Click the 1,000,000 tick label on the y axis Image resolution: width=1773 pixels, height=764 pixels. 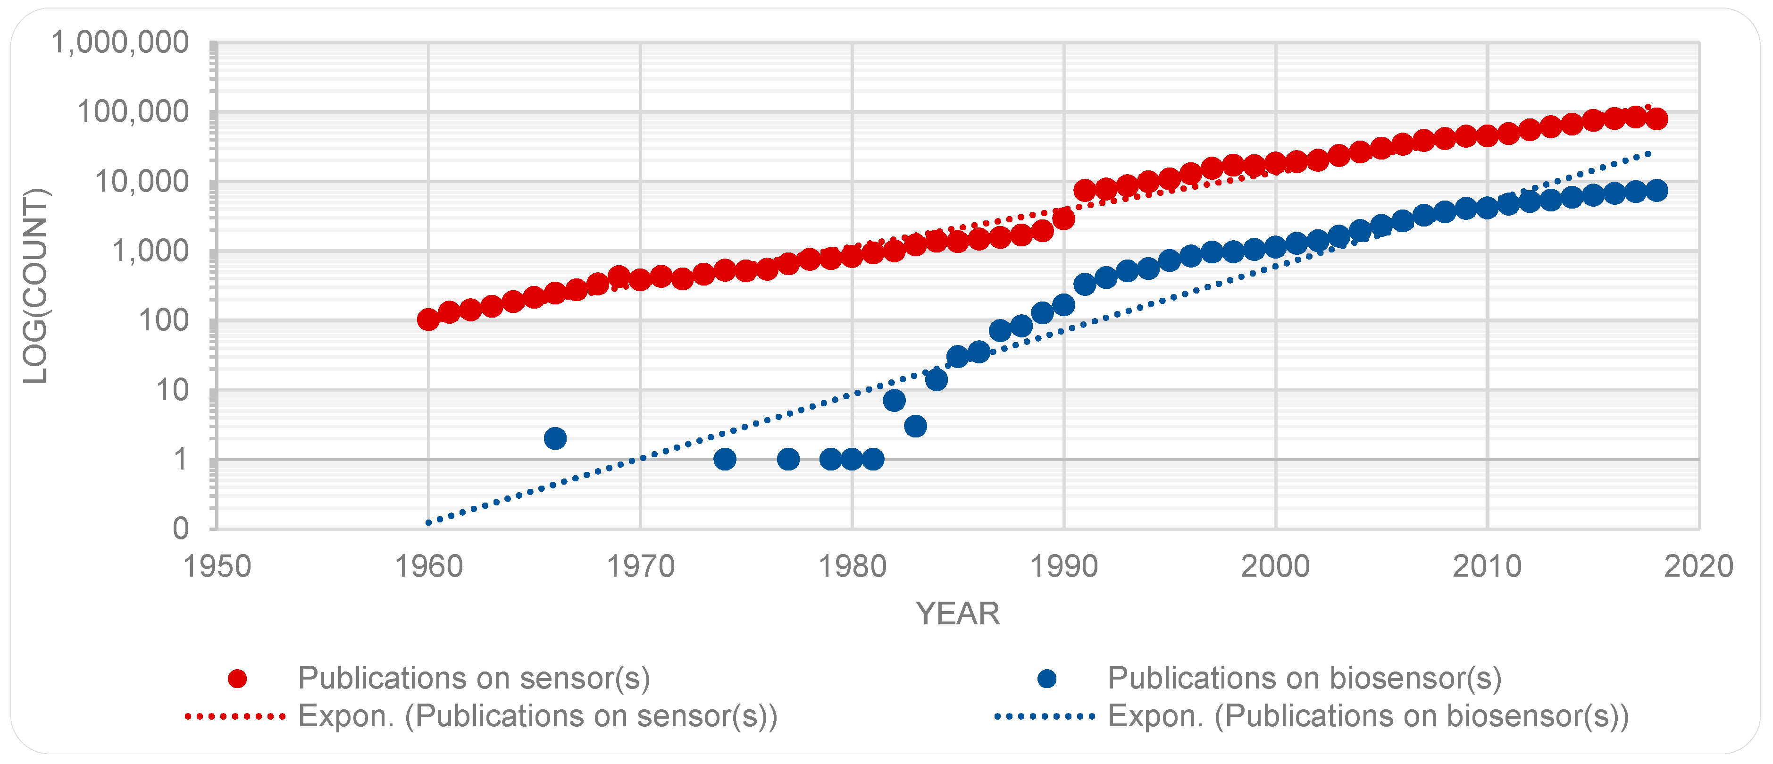[120, 42]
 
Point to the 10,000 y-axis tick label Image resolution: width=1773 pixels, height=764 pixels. [141, 182]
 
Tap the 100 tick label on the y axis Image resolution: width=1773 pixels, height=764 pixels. [163, 321]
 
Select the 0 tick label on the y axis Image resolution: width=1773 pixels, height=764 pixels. [180, 529]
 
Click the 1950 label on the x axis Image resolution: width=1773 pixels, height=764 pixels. [217, 566]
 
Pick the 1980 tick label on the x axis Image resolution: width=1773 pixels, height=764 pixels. [852, 566]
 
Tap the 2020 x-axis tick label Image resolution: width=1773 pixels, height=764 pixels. [1698, 566]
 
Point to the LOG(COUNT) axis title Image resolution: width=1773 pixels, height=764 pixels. [35, 285]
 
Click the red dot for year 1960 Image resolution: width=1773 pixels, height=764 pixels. [428, 319]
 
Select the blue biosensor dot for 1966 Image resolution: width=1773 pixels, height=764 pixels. [555, 438]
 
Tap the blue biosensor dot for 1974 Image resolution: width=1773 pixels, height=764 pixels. [725, 459]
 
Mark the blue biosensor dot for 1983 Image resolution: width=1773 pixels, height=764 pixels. [915, 426]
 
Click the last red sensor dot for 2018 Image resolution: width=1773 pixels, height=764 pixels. [1656, 118]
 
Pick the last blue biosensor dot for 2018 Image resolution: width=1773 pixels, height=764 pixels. [1656, 191]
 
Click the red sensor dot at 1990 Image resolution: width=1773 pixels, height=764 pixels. [1064, 219]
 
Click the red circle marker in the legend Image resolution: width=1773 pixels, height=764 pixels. [237, 679]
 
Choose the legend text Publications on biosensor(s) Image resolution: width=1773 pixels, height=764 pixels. [1305, 679]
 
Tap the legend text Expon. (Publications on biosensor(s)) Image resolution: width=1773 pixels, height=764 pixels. [1368, 716]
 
